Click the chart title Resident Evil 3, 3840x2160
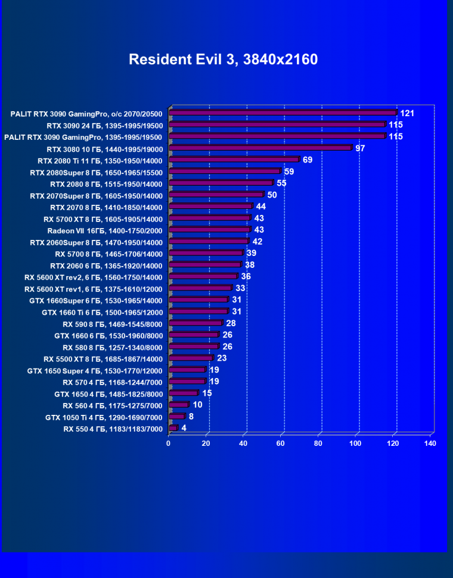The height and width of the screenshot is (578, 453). [224, 60]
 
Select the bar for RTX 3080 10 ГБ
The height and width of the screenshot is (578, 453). [261, 148]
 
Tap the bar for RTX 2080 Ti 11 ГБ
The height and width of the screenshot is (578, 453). [234, 160]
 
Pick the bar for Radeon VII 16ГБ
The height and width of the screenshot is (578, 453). [210, 229]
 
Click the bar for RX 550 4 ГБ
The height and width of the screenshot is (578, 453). [173, 428]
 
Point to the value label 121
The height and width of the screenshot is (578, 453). [407, 113]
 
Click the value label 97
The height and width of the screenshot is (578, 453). [360, 148]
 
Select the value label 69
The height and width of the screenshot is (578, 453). [308, 160]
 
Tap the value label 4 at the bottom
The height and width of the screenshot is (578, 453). [184, 428]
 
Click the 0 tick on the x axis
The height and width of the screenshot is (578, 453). [169, 443]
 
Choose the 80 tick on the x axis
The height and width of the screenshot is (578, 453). [318, 443]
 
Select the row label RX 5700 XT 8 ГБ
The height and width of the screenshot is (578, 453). [103, 218]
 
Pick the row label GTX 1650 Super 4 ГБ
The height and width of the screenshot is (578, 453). [95, 370]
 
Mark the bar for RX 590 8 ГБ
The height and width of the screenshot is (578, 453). [196, 323]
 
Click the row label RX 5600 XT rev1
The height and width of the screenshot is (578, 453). [94, 288]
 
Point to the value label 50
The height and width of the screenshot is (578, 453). [272, 195]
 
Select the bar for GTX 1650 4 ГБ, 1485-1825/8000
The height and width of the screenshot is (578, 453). [184, 393]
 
